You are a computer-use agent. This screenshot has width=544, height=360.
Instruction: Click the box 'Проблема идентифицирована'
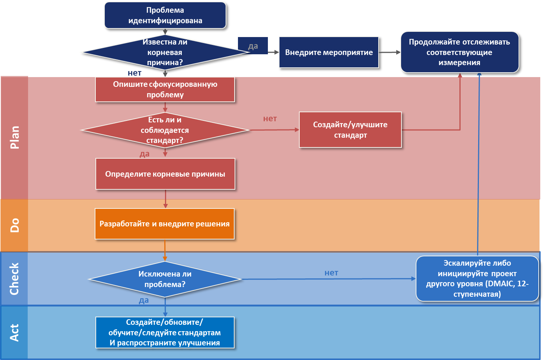tap(165, 15)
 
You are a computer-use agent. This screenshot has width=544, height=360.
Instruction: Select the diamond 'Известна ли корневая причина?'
tap(165, 52)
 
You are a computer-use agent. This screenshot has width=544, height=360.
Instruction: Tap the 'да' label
tap(253, 46)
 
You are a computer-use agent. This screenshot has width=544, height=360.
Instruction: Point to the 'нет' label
tap(135, 73)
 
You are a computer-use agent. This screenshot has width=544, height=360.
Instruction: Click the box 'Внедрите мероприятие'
tap(329, 52)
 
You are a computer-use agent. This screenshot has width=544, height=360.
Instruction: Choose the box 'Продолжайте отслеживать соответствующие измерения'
tap(459, 52)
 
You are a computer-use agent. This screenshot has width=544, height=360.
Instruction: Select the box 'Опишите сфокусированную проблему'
tap(165, 89)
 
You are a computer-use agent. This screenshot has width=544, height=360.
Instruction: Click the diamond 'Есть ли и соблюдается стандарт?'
tap(165, 130)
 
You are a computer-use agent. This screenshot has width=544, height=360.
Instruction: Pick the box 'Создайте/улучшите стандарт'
tap(350, 130)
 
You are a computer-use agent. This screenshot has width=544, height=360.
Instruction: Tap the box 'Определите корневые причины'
tap(165, 174)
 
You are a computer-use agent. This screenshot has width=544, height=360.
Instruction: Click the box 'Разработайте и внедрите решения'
tap(165, 224)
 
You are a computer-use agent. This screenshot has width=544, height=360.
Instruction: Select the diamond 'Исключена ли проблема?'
tap(165, 279)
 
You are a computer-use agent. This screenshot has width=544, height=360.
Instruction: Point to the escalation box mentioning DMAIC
tap(477, 279)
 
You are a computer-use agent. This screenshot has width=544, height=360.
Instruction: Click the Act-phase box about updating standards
tap(165, 333)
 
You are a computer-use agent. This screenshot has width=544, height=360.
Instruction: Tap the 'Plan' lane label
tap(14, 137)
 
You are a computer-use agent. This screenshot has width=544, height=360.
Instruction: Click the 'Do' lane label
tap(14, 225)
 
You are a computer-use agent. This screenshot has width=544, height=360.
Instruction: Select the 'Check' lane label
tap(14, 279)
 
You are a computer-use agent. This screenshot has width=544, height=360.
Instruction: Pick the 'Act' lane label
tap(14, 333)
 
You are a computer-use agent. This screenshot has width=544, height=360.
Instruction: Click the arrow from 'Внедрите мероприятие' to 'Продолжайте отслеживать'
tap(389, 52)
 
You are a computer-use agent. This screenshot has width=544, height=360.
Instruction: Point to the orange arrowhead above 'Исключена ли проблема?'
tap(165, 258)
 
